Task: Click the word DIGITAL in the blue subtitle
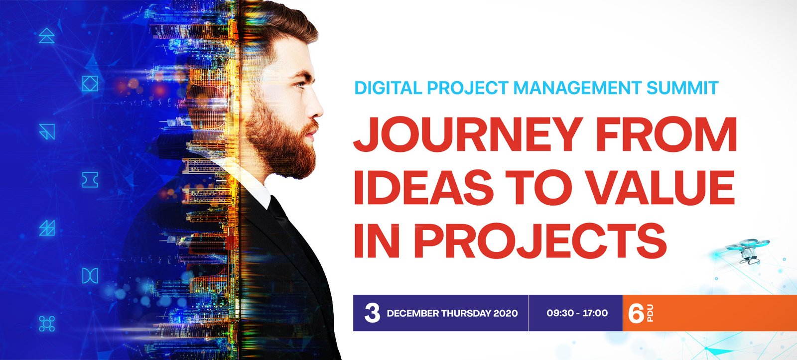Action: click(x=388, y=88)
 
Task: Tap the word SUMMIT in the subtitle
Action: click(x=682, y=88)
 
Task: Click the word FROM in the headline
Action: click(x=666, y=134)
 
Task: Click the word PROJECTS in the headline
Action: click(x=540, y=240)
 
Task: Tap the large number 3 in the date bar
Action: click(x=372, y=313)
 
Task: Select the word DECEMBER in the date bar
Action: click(x=413, y=313)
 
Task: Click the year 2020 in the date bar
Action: click(x=505, y=313)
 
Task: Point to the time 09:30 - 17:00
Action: click(x=577, y=313)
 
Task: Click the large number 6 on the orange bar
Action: click(x=636, y=313)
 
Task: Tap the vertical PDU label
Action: click(x=650, y=313)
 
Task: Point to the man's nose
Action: click(x=315, y=107)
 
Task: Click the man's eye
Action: click(x=300, y=84)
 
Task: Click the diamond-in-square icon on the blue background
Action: click(x=90, y=84)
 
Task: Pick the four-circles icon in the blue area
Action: click(x=47, y=324)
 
